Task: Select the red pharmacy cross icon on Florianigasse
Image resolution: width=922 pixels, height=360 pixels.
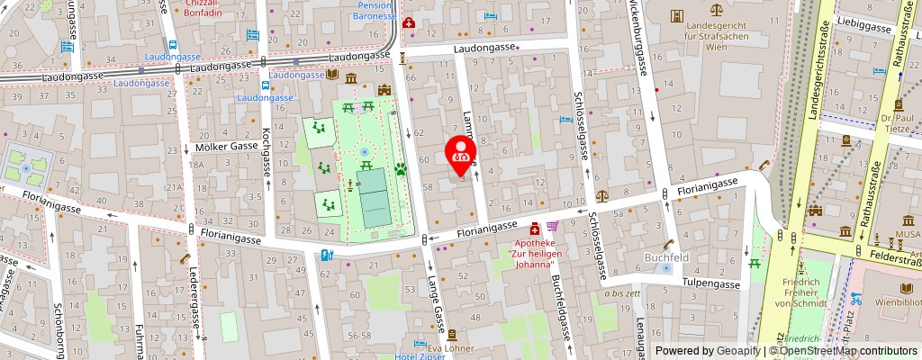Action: coord(534,228)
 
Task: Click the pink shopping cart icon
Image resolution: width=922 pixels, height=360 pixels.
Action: coord(552,227)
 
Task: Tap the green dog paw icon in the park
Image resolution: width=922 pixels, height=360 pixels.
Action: coord(401,167)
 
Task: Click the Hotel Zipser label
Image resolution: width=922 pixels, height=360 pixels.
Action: coord(419,355)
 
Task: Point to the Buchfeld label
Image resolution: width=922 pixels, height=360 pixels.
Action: coord(665,256)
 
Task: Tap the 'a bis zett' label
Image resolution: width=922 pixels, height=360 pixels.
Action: coord(623,293)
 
